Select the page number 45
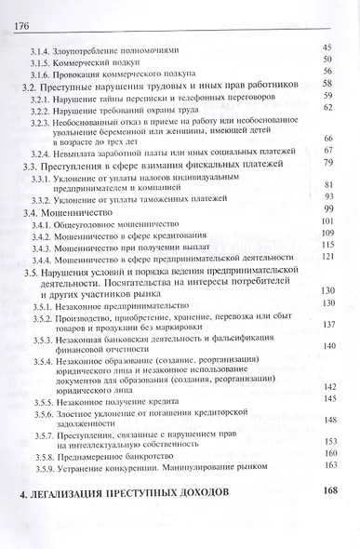coord(327,47)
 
